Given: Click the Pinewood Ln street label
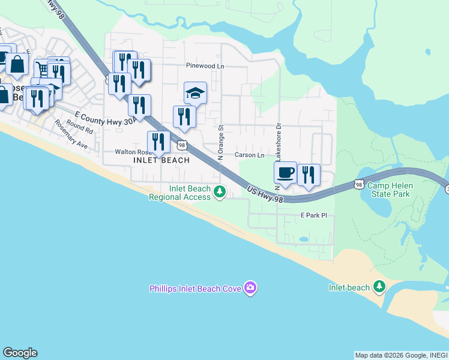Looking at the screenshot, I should (204, 66).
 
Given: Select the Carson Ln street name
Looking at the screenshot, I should (250, 155).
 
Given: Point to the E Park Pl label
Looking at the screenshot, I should (313, 215).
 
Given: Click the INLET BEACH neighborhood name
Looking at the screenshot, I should (161, 160).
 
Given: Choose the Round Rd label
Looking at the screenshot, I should (80, 128).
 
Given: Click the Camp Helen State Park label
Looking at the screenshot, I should (390, 190).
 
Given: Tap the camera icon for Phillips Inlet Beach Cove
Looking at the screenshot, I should (251, 289).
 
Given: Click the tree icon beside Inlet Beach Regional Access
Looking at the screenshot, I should (220, 192).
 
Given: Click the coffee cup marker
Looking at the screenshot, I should (285, 173).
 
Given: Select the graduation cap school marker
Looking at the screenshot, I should (195, 93).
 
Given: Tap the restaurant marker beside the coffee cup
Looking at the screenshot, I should (309, 175).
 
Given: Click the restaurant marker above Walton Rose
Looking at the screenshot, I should (158, 142).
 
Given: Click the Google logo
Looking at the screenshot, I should (20, 353).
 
